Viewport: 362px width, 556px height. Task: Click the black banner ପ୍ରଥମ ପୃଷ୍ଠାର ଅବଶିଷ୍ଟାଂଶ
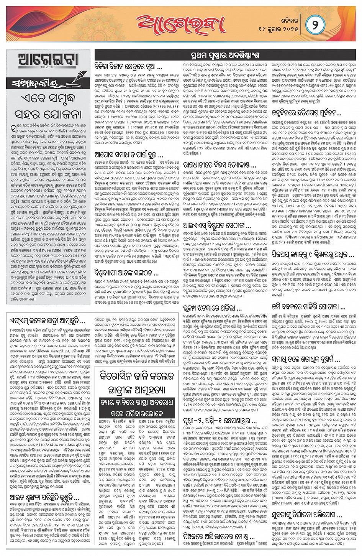click(225, 55)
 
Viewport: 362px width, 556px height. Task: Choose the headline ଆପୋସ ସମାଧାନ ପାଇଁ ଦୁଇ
click(129, 155)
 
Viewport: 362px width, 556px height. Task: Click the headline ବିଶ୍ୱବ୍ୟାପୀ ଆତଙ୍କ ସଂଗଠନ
click(126, 273)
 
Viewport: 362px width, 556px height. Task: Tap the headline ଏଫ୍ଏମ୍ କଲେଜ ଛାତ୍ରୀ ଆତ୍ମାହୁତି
click(47, 321)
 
